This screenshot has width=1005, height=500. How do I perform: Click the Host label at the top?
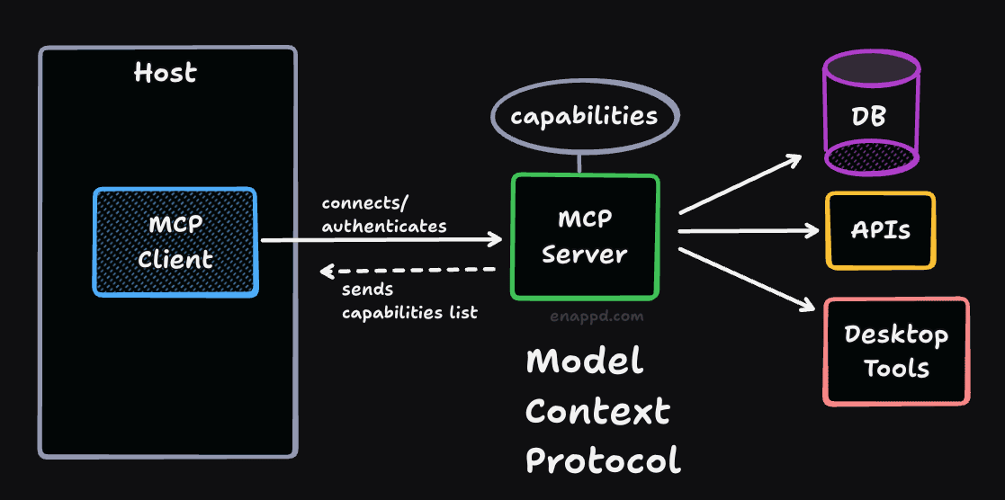(165, 72)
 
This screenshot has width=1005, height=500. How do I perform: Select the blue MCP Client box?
(175, 242)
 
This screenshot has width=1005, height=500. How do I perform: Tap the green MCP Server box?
(585, 237)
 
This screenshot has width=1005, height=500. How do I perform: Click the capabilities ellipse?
(584, 117)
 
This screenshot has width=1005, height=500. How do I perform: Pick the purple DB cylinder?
(871, 114)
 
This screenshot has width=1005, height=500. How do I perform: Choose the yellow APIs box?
(881, 230)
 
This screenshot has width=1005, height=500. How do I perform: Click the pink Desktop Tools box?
(896, 352)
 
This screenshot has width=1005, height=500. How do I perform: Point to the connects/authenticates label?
(384, 214)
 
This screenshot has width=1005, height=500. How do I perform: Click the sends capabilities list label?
(409, 302)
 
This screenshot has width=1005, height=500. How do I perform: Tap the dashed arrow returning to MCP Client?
(409, 270)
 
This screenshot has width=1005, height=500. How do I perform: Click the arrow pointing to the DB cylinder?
(740, 185)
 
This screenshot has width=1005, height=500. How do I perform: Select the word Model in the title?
(585, 362)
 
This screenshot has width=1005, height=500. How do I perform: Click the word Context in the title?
(598, 412)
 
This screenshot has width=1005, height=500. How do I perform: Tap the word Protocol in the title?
(603, 460)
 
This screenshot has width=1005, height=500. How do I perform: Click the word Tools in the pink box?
(896, 368)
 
